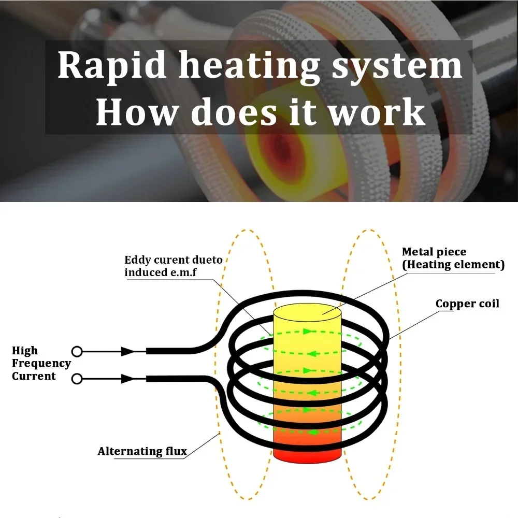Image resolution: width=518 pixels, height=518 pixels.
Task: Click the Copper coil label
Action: [x=467, y=304]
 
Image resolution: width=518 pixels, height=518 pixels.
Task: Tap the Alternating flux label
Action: [x=142, y=451]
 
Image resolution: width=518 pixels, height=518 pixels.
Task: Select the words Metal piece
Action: [x=434, y=252]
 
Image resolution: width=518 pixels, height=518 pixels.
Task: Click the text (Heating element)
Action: [x=453, y=265]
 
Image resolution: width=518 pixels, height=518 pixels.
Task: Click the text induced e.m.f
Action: [x=160, y=272]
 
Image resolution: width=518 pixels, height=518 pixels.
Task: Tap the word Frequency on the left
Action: [x=41, y=364]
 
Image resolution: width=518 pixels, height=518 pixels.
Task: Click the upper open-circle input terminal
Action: [x=77, y=352]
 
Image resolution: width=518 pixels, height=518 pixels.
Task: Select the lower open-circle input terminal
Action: [x=77, y=379]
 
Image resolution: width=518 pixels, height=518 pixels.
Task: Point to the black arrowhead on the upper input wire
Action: [x=127, y=352]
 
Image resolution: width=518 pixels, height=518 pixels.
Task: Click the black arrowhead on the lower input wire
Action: [x=127, y=379]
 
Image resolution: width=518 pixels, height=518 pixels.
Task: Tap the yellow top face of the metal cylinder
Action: [x=307, y=312]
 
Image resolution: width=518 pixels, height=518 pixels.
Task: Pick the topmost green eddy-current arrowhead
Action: [x=308, y=331]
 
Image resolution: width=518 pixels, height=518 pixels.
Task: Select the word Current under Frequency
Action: [x=34, y=376]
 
